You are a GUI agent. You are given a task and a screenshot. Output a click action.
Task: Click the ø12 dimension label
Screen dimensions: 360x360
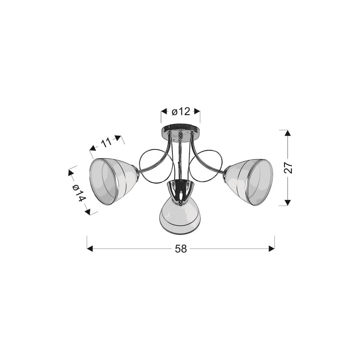click(181, 112)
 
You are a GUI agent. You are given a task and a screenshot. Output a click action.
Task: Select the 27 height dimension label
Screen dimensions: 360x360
click(288, 168)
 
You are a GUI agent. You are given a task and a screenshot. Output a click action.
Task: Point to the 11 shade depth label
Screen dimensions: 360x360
click(106, 142)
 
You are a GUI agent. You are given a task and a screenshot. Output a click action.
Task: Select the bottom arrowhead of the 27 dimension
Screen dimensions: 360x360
click(288, 202)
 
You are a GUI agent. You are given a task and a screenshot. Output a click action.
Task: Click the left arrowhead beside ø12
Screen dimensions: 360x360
click(164, 112)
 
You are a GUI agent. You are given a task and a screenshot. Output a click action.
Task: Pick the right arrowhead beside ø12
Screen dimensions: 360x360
click(197, 112)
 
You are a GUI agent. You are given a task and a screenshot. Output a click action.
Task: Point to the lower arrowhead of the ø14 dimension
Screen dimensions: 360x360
click(88, 211)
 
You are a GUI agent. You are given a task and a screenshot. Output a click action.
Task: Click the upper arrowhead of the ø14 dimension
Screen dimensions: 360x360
click(71, 172)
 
